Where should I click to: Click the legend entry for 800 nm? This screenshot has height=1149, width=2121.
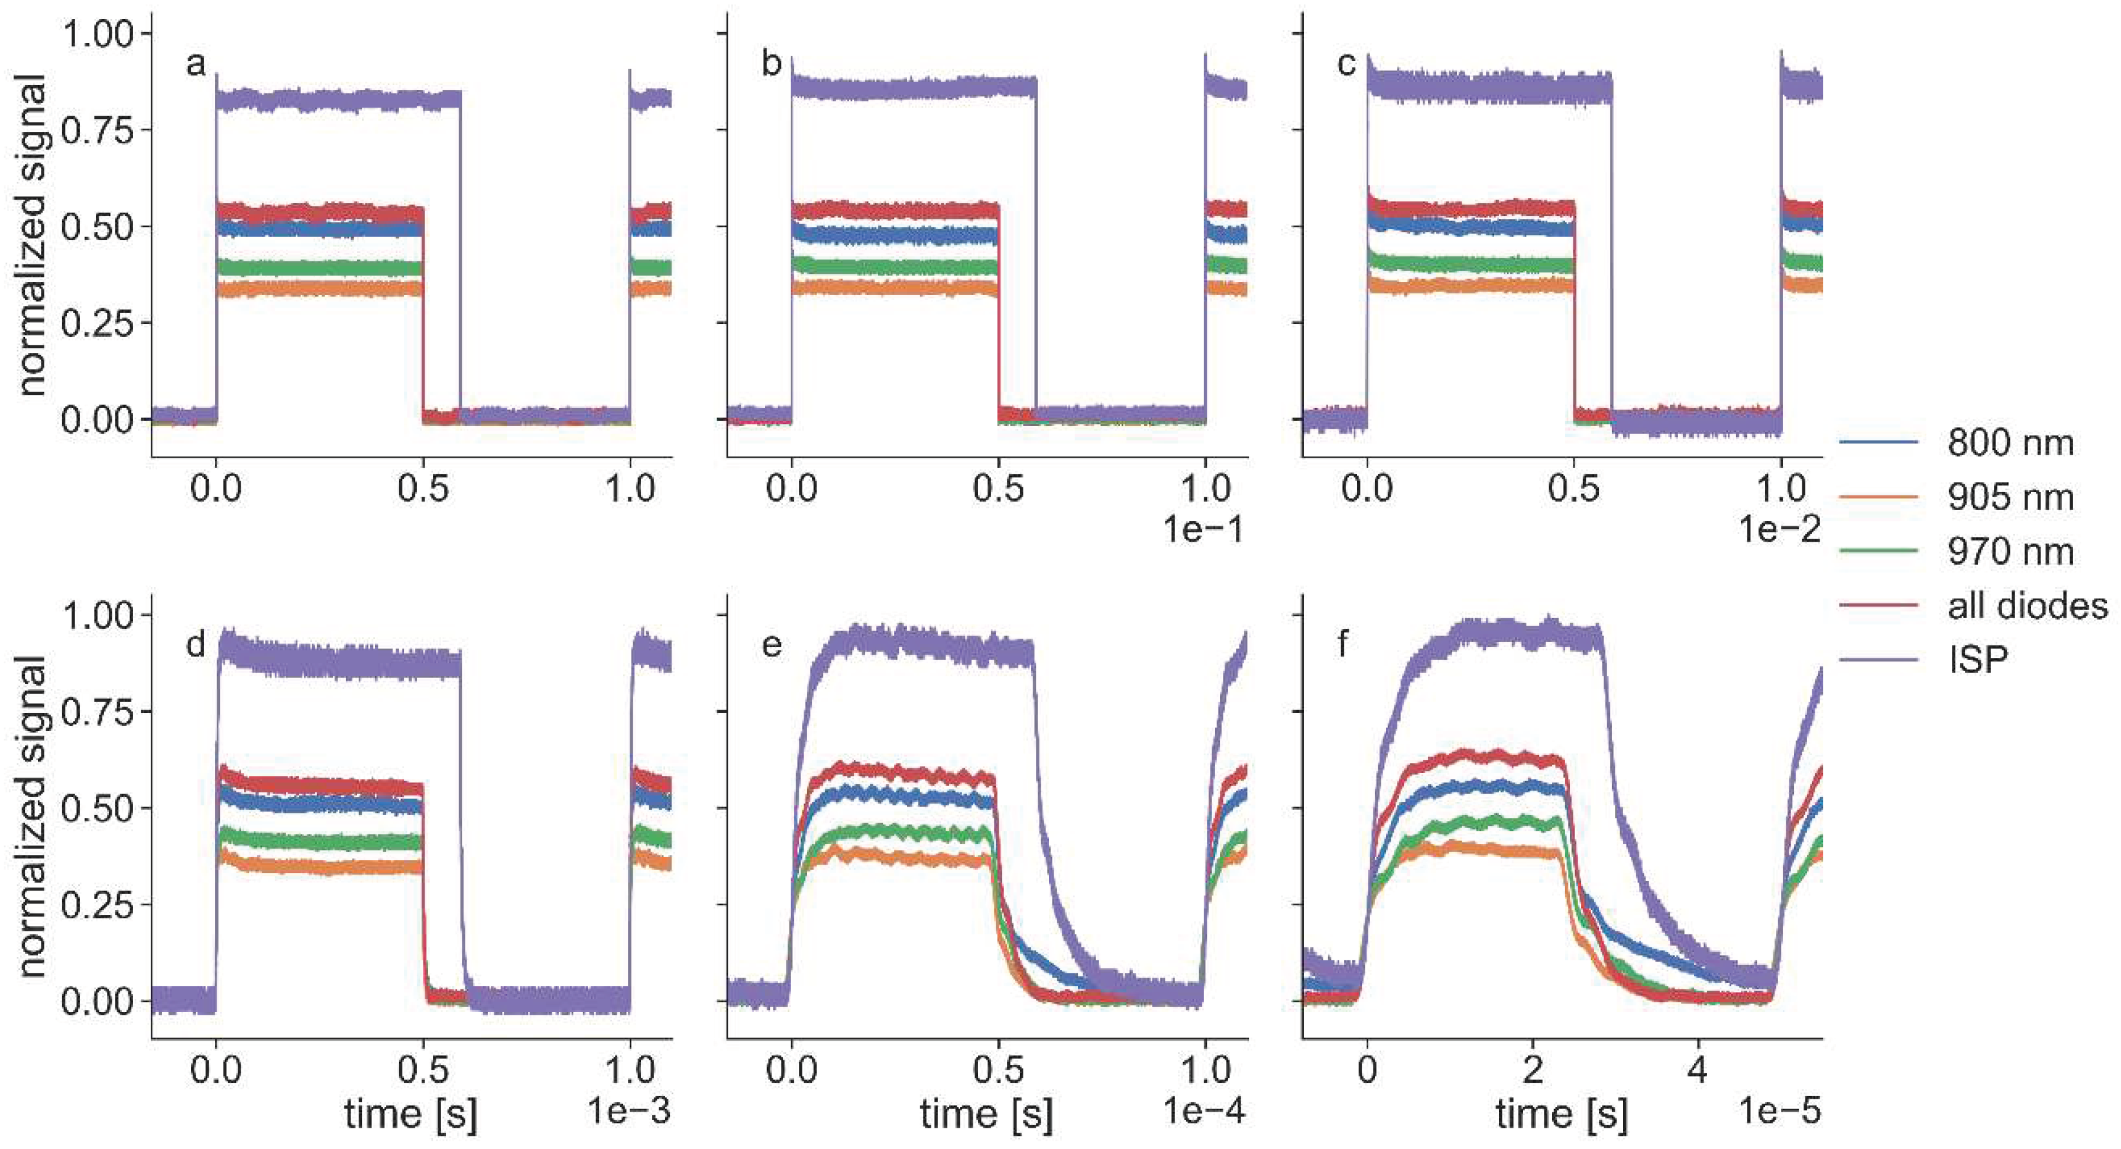point(2009,443)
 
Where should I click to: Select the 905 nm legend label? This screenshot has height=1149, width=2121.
point(2009,497)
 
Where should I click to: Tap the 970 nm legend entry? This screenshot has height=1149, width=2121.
point(2009,552)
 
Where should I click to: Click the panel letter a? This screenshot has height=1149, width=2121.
point(195,63)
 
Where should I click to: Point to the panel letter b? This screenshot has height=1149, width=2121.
point(770,63)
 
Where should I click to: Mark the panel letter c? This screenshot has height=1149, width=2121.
point(1345,63)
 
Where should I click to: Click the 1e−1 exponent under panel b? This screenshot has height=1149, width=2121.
point(1203,530)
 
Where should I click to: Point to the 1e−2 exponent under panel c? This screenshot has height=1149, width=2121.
point(1779,530)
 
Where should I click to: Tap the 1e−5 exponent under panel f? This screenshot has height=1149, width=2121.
point(1779,1112)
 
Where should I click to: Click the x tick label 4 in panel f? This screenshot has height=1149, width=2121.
point(1697,1070)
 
